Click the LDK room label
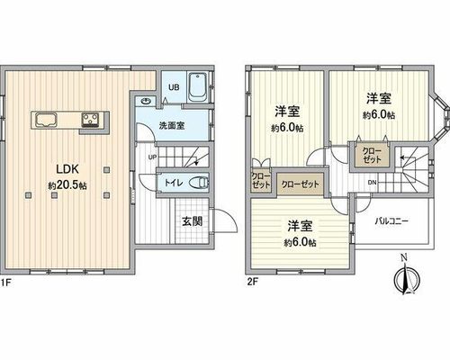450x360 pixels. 67,169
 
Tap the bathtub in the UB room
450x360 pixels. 198,87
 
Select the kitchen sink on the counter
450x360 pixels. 46,120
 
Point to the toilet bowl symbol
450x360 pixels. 199,182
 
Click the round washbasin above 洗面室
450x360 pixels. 146,101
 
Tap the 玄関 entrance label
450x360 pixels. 193,221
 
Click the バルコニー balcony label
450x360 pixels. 391,221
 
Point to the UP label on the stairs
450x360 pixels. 152,157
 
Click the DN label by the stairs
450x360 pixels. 372,182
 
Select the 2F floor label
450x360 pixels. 252,282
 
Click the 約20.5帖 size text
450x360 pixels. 67,185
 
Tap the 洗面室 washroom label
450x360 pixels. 172,126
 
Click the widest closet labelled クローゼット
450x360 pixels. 300,184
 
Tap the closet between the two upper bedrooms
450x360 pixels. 372,155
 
